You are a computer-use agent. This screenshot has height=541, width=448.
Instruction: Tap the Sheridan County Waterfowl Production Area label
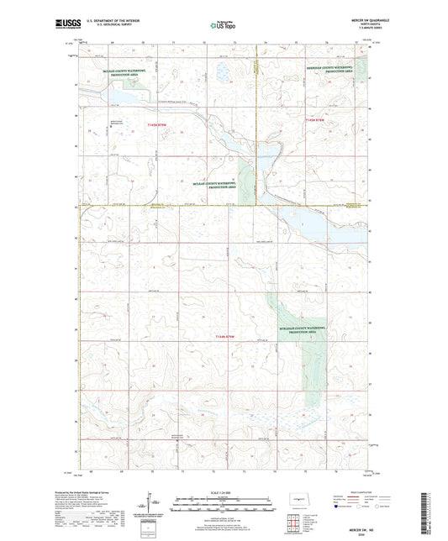click(x=336, y=72)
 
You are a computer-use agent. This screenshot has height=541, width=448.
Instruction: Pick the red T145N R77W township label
click(x=322, y=123)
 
